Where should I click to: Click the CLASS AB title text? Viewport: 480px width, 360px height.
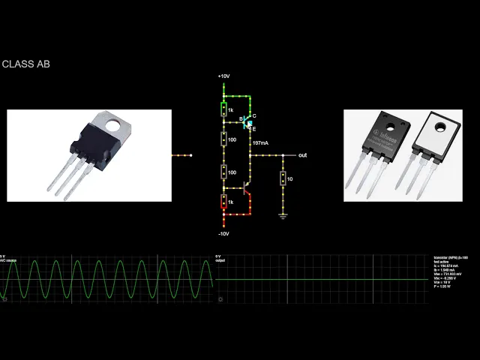click(25, 64)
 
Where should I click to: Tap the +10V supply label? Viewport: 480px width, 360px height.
click(223, 76)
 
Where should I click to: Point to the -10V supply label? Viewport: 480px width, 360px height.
click(223, 233)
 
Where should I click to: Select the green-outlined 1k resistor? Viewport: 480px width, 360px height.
click(223, 110)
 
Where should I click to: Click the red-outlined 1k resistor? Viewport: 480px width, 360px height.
click(223, 202)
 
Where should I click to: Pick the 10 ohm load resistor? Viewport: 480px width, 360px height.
click(283, 178)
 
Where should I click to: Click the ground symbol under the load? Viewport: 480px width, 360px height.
click(283, 216)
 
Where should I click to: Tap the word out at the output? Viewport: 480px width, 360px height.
click(302, 155)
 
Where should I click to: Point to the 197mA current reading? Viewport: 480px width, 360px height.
click(260, 142)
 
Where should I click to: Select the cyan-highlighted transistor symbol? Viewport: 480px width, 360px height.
click(248, 121)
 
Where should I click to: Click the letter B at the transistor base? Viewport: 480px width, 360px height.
click(240, 118)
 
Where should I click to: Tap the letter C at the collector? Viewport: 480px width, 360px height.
click(254, 115)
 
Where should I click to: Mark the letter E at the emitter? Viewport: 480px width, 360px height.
click(253, 129)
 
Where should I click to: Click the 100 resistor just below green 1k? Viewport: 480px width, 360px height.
click(223, 139)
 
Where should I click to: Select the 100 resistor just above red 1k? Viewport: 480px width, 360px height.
click(223, 172)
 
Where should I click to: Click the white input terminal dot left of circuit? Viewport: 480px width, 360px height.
click(190, 155)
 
